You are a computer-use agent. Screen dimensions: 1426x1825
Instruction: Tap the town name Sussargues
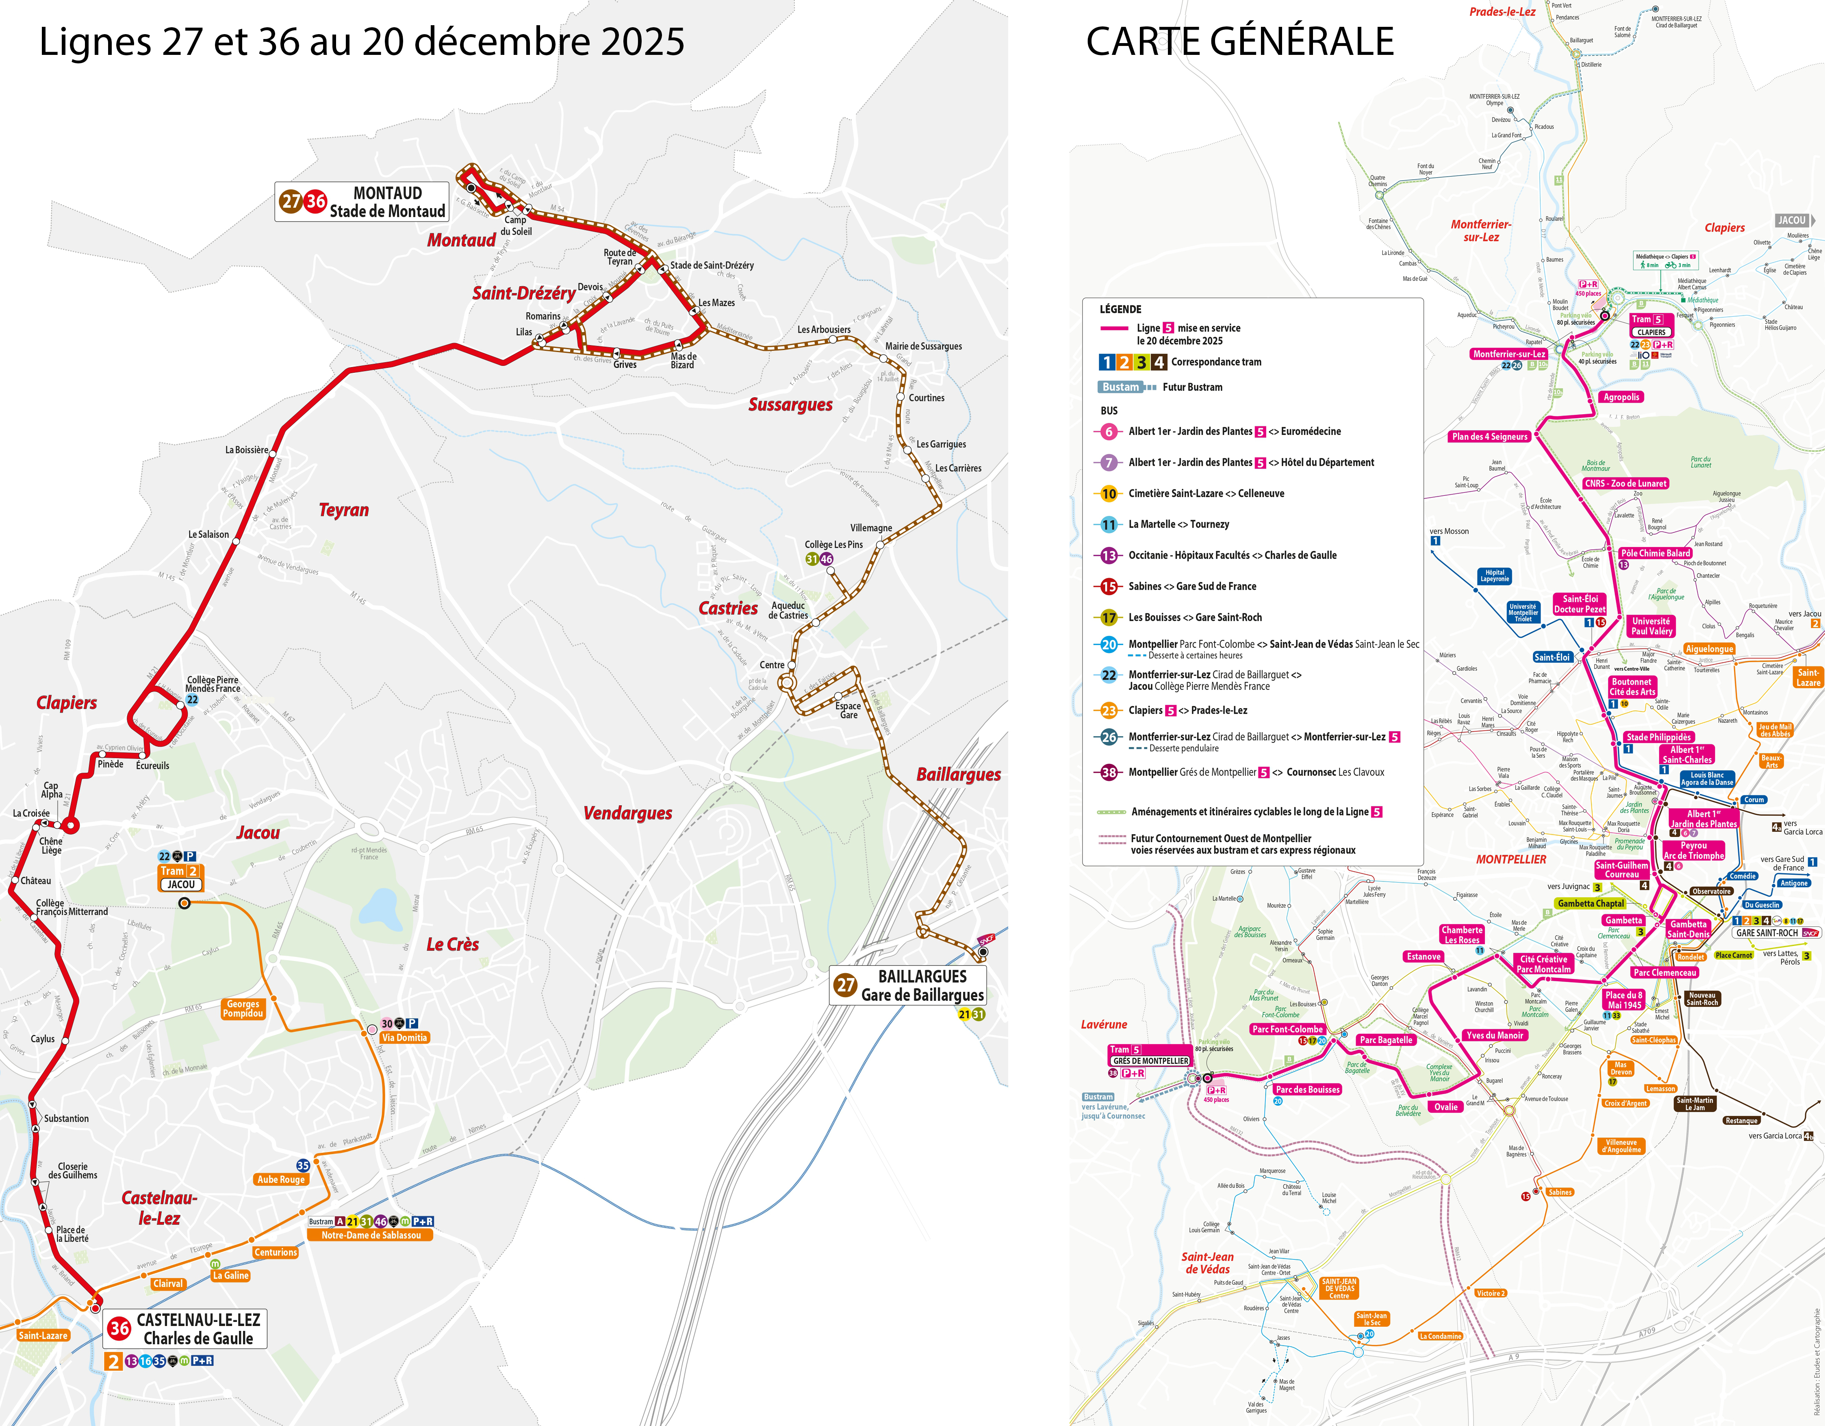(x=790, y=404)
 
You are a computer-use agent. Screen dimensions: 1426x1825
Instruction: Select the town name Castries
(x=728, y=609)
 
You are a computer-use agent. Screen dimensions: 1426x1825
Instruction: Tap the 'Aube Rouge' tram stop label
(x=281, y=1179)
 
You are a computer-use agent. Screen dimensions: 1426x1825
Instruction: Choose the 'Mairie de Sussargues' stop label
(x=923, y=346)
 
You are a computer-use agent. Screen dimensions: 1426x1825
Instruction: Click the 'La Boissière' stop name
(x=247, y=450)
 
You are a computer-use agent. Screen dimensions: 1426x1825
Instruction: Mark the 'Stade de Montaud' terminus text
(x=387, y=211)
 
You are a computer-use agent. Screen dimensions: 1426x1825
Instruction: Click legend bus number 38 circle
(x=1109, y=772)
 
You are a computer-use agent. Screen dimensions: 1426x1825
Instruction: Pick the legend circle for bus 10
(x=1109, y=494)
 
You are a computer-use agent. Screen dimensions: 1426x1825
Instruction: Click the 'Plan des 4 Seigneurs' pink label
(x=1489, y=436)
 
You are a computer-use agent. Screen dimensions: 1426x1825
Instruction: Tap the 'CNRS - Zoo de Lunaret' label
(x=1625, y=483)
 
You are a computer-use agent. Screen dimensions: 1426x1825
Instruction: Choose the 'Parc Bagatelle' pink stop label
(x=1385, y=1040)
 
